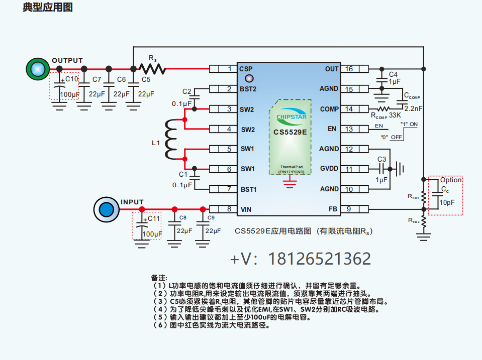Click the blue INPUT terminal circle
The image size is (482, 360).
[106, 209]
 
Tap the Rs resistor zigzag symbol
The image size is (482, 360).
[152, 69]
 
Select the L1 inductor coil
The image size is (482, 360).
[171, 139]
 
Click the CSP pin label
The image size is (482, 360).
[246, 69]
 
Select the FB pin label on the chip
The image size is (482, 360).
[333, 209]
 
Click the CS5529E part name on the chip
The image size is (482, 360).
[290, 133]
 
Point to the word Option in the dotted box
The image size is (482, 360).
[451, 180]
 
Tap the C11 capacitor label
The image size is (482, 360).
[154, 219]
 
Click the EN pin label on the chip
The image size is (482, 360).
[332, 129]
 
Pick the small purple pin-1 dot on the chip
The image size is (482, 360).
[248, 78]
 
